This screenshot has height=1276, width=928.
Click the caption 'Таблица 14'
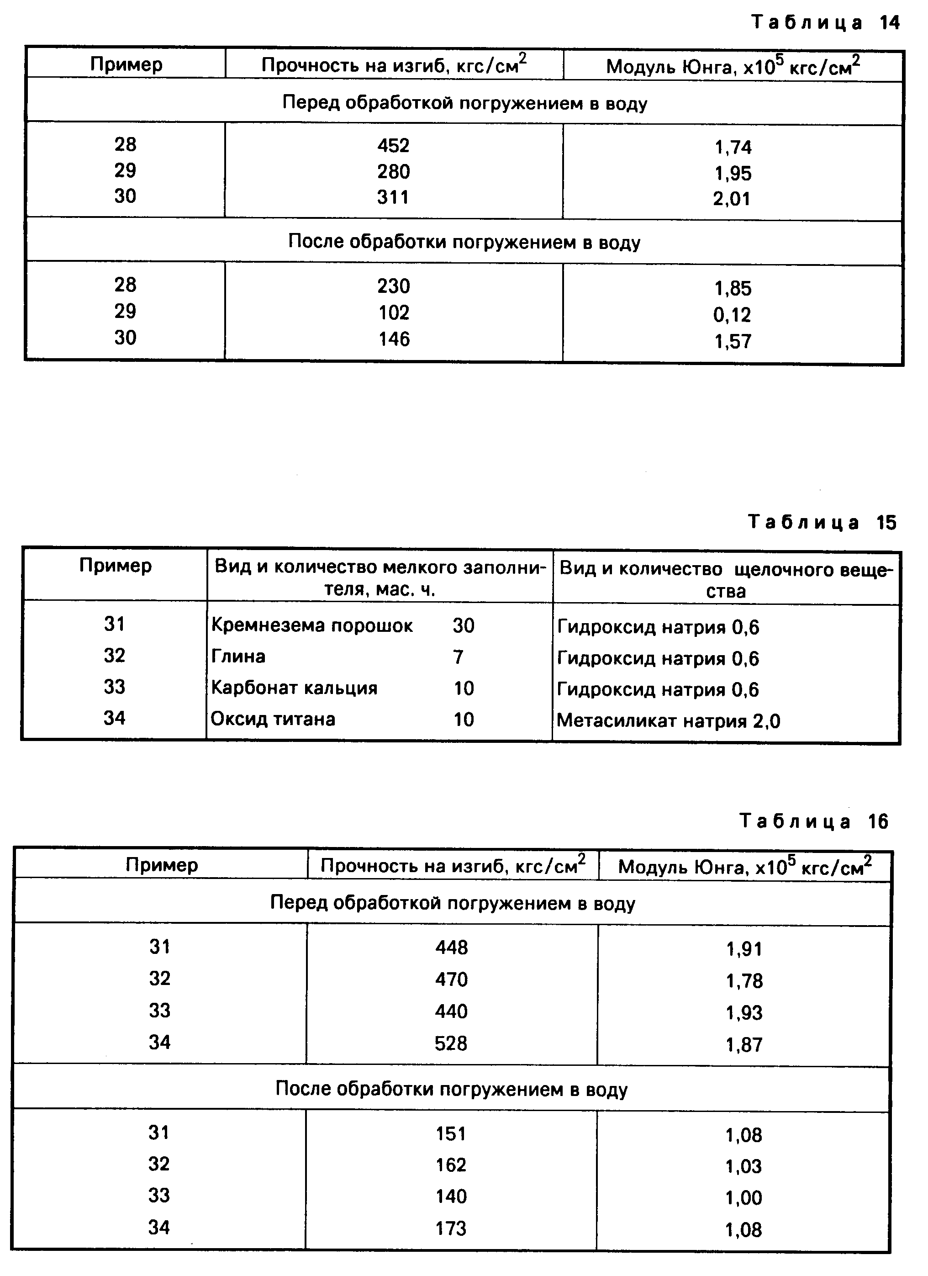(x=825, y=22)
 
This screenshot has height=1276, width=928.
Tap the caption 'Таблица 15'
(x=822, y=523)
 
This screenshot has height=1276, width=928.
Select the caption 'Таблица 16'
(x=813, y=821)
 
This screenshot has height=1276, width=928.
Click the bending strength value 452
(x=393, y=146)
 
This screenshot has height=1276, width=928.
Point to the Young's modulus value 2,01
(x=732, y=199)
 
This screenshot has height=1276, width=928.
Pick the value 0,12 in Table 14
(x=732, y=314)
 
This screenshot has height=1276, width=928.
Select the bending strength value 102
(x=393, y=312)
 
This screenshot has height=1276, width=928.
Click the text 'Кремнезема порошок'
(x=311, y=625)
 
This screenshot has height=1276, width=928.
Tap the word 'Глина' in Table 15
(x=238, y=657)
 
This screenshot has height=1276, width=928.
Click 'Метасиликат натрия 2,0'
(x=668, y=721)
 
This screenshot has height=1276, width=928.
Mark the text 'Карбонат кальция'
(x=294, y=688)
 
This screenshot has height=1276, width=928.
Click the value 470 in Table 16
(x=451, y=980)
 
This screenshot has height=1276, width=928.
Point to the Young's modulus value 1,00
(x=743, y=1198)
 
